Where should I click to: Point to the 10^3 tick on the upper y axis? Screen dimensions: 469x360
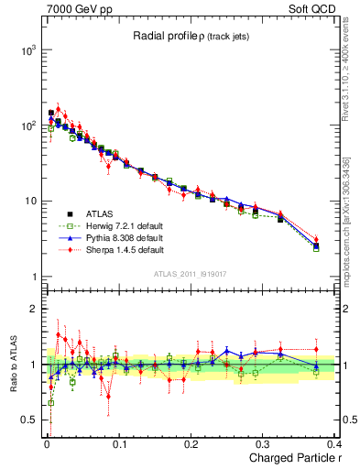tap(27, 50)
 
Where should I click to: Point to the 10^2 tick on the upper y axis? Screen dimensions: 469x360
tap(27, 126)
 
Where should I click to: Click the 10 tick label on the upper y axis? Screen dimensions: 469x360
tap(29, 202)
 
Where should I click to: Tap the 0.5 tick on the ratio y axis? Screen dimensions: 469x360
tap(27, 420)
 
